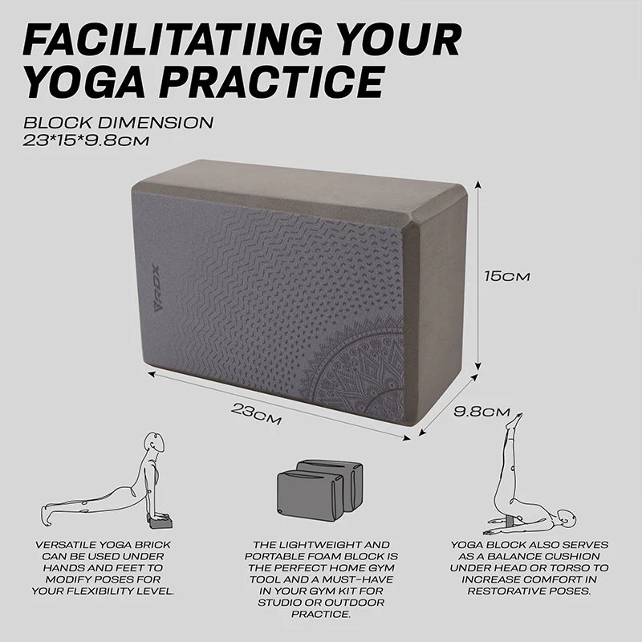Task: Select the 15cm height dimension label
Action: [x=507, y=276]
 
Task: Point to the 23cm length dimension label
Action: [x=256, y=413]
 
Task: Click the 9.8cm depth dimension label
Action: [x=482, y=411]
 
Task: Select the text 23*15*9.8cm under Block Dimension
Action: [x=86, y=141]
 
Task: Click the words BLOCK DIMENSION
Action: [x=118, y=123]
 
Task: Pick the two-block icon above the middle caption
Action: [x=319, y=490]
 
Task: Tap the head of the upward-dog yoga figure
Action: [x=155, y=442]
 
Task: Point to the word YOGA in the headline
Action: [x=85, y=81]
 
